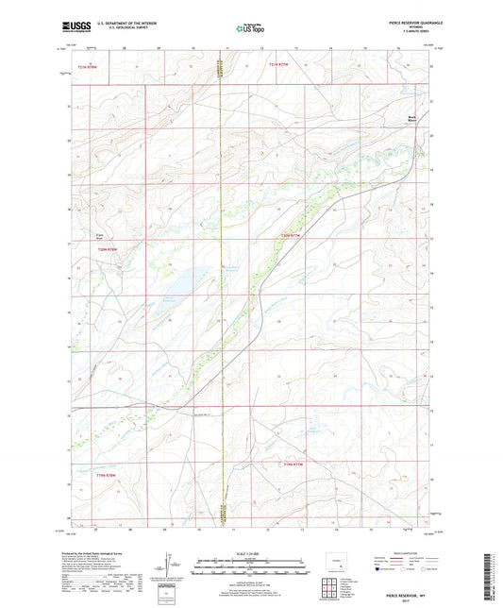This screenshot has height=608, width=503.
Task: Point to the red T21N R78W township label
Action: pos(87,66)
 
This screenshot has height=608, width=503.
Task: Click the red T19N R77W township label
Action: pos(293,464)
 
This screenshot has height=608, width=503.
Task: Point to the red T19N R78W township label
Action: pos(110,476)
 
